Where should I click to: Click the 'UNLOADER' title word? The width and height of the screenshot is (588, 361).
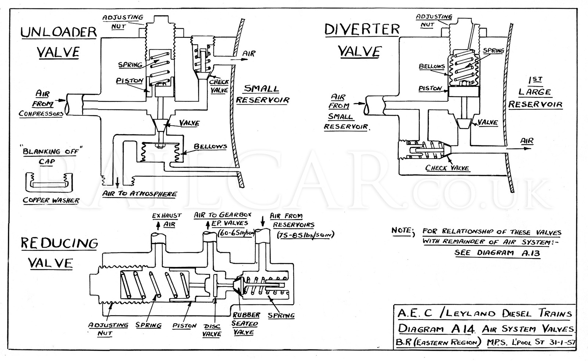point(58,32)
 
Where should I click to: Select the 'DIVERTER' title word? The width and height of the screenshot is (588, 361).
point(362,29)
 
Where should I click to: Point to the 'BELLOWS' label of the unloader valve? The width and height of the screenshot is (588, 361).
point(210,146)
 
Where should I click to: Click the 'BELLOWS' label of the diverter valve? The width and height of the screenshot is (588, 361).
point(432,66)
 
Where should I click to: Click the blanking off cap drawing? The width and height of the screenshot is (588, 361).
point(49,183)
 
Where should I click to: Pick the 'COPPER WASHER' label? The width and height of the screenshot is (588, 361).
point(51,201)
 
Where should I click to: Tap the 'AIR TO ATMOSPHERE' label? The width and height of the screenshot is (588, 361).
point(139,194)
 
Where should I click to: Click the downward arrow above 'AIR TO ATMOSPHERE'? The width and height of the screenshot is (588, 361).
point(117,183)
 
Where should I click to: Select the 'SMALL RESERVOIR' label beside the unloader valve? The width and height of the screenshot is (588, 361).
point(262,94)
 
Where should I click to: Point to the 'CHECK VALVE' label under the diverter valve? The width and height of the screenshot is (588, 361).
point(447,168)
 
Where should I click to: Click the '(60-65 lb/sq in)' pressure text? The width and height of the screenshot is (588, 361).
point(236,233)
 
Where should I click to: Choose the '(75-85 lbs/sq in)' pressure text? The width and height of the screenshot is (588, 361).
point(305,235)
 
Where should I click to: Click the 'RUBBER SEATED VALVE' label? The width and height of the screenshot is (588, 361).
point(246,324)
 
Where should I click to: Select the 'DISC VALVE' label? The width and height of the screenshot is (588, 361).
point(212,330)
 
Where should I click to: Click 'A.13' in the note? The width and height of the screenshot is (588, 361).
point(531,253)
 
